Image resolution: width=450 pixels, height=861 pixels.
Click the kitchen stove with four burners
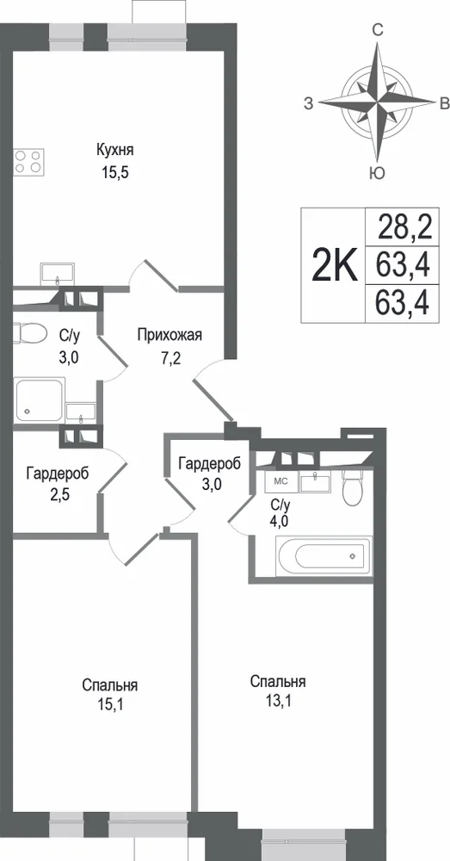tap(28, 161)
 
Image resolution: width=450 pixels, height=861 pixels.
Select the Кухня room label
tap(115, 150)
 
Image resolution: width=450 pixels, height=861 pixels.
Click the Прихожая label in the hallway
tap(170, 335)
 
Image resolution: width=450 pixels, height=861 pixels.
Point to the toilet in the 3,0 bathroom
tap(29, 332)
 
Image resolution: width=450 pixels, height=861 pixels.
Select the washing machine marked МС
tap(281, 480)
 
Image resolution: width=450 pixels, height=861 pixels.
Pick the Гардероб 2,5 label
tap(58, 480)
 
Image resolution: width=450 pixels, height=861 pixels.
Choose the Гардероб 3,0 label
tap(210, 472)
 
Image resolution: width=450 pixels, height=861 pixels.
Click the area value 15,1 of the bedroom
tap(110, 704)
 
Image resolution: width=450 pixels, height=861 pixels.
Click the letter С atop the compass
tap(378, 31)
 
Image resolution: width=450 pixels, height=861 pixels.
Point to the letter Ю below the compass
tap(377, 174)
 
